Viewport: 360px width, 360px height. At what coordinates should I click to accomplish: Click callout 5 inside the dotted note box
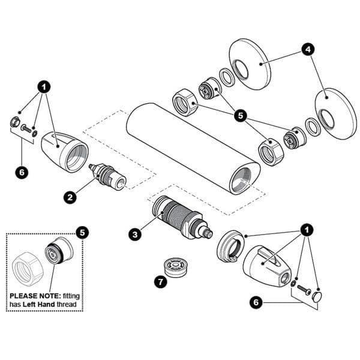point(82,232)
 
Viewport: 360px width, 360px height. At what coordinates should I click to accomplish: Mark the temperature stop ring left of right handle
point(231,247)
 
